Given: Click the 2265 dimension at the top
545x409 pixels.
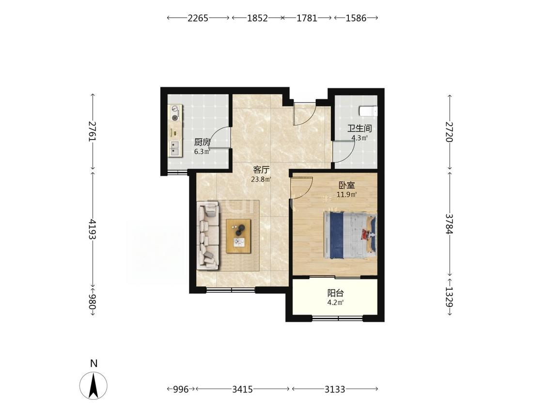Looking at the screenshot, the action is click(x=198, y=18).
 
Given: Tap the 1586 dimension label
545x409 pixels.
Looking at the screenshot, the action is click(x=356, y=18).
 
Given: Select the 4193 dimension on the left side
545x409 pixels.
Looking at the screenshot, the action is click(x=93, y=229).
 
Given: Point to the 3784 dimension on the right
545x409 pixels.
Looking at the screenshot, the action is click(x=450, y=224).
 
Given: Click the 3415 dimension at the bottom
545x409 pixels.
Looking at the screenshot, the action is click(x=242, y=389).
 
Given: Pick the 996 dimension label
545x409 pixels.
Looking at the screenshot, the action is click(x=181, y=389).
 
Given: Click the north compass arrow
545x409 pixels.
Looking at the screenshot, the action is click(x=93, y=385).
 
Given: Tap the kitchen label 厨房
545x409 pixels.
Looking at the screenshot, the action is click(x=202, y=142).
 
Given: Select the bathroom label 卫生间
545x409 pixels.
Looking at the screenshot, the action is click(x=359, y=129).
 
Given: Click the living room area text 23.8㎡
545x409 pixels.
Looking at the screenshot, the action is click(x=261, y=179).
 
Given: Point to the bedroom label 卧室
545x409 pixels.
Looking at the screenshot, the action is click(x=346, y=186).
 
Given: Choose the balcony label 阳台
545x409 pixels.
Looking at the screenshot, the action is click(x=335, y=293).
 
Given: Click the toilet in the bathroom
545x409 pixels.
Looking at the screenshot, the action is click(x=368, y=110).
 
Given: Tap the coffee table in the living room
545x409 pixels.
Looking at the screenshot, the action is click(x=238, y=236).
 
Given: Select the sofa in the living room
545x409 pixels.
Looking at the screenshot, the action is click(x=208, y=236).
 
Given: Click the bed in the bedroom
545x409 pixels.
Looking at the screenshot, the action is click(x=350, y=235).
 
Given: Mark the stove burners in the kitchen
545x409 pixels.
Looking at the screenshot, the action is click(x=175, y=113).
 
